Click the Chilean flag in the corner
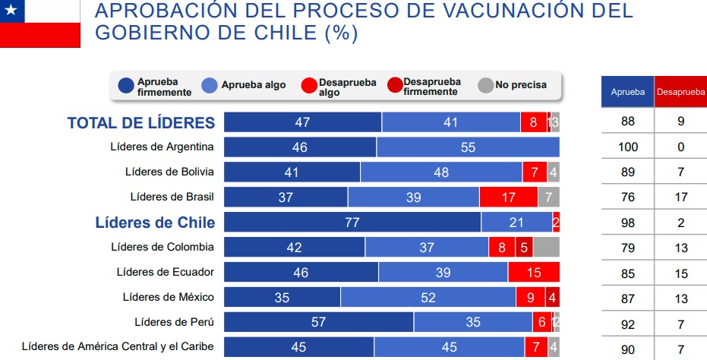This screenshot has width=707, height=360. pyautogui.click(x=39, y=22)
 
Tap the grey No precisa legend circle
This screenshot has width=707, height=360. pyautogui.click(x=485, y=85)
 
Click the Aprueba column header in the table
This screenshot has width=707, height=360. pyautogui.click(x=628, y=92)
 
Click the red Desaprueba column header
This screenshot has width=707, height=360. pyautogui.click(x=680, y=92)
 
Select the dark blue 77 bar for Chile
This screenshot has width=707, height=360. pyautogui.click(x=352, y=222)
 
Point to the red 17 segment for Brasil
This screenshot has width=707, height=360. pyautogui.click(x=508, y=197)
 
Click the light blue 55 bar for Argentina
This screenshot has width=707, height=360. pyautogui.click(x=468, y=147)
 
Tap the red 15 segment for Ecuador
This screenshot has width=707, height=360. pyautogui.click(x=534, y=272)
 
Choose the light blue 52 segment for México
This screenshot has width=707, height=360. pyautogui.click(x=428, y=297)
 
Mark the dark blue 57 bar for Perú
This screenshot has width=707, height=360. pyautogui.click(x=319, y=322)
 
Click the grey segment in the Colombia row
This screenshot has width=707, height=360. pyautogui.click(x=546, y=247)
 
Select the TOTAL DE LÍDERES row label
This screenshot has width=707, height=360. pyautogui.click(x=141, y=123)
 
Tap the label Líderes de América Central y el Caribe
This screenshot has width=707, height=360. pyautogui.click(x=118, y=346)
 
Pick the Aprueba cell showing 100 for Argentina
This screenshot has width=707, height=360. pyautogui.click(x=628, y=147)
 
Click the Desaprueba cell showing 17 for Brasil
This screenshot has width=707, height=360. pyautogui.click(x=680, y=197)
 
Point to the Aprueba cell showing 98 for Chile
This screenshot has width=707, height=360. pyautogui.click(x=628, y=223)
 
